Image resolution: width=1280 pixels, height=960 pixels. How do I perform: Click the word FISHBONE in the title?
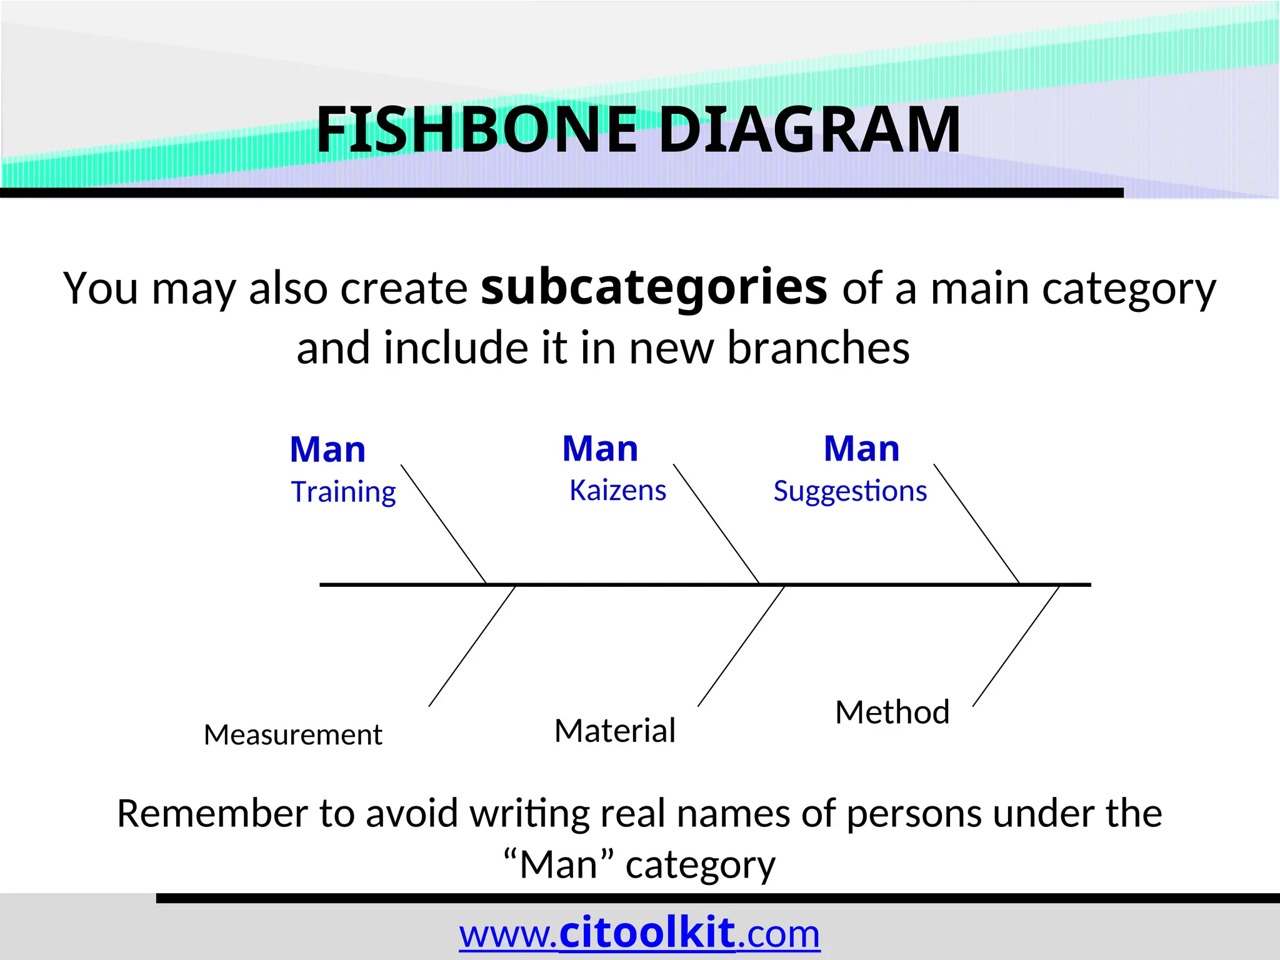(x=476, y=129)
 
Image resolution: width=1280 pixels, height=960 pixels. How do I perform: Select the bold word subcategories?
(x=654, y=287)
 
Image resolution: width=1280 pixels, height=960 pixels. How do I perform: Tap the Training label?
(x=343, y=492)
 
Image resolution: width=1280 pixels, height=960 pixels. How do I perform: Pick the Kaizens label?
(x=617, y=491)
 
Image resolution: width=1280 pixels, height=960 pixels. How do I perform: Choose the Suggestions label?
(x=850, y=491)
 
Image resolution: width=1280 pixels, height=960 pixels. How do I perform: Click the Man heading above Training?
(x=327, y=449)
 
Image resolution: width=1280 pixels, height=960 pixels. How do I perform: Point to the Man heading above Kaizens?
(x=600, y=449)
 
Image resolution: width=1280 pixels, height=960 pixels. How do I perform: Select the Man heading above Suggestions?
(x=861, y=449)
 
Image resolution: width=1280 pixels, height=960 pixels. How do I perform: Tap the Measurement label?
(x=292, y=734)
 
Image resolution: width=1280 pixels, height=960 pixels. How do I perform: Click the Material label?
(x=615, y=730)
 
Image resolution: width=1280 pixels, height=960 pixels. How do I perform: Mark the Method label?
(x=892, y=712)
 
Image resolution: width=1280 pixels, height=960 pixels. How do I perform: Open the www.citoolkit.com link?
(x=639, y=934)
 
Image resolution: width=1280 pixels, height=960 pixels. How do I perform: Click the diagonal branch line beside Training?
(x=444, y=524)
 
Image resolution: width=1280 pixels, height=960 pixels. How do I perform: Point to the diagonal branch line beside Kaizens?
(x=716, y=524)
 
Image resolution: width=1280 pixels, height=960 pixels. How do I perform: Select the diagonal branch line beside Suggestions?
(x=976, y=524)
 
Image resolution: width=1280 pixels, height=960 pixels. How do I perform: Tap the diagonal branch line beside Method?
(x=1016, y=646)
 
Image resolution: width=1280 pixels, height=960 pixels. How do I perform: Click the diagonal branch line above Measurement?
(x=472, y=646)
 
